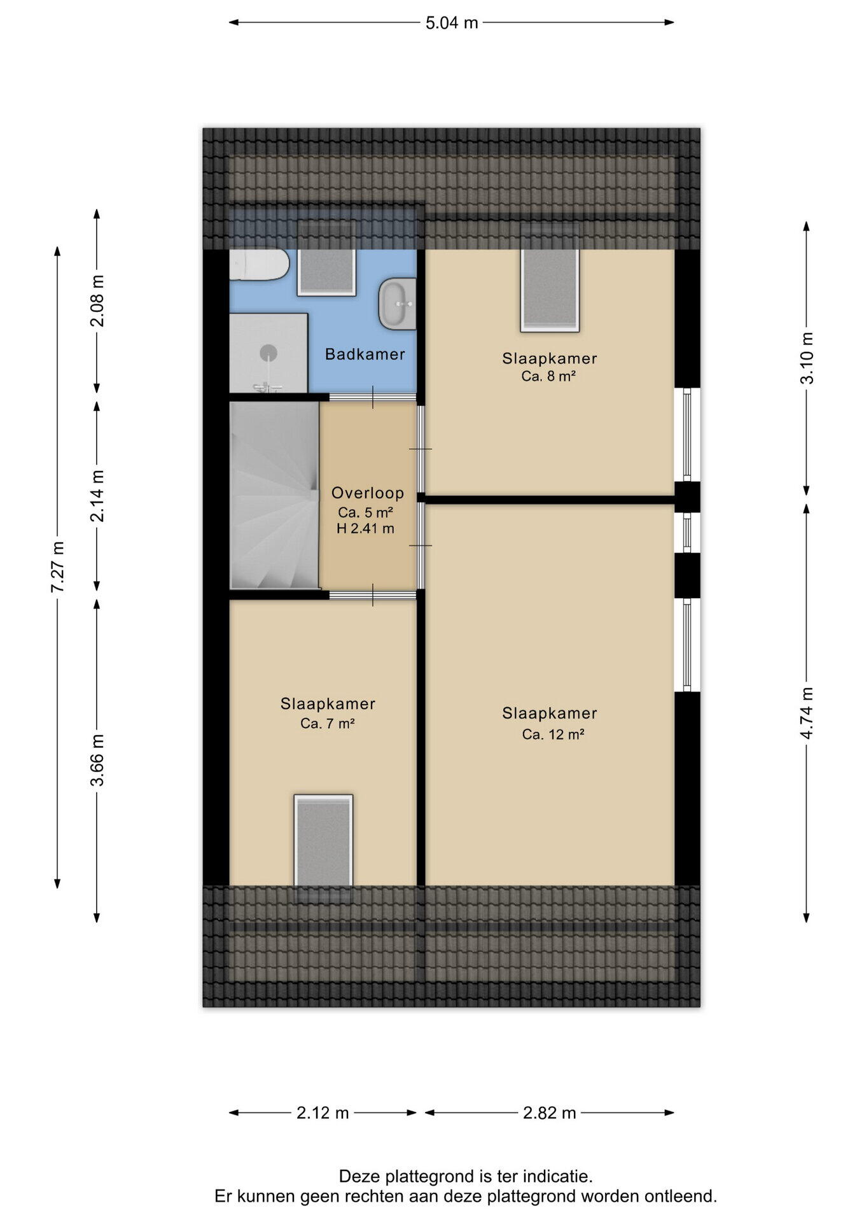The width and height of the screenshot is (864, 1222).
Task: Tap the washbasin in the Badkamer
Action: click(397, 304)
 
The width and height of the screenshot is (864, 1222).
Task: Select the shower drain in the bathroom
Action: click(268, 352)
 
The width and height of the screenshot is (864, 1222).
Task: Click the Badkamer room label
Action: click(365, 355)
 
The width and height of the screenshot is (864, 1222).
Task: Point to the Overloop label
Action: click(368, 493)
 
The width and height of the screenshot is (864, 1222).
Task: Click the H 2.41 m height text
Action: click(365, 528)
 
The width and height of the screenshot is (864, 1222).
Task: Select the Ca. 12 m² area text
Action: click(553, 734)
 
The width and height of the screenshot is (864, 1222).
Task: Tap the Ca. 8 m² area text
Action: click(548, 376)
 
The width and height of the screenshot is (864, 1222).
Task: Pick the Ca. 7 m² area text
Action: click(328, 723)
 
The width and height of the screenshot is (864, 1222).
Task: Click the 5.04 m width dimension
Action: click(452, 23)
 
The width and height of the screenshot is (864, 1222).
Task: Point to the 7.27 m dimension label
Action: click(57, 566)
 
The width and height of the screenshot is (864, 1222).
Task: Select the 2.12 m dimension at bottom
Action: click(323, 1113)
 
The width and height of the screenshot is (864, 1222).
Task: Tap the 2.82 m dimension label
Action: click(550, 1113)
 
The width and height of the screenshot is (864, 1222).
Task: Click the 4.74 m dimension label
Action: click(806, 713)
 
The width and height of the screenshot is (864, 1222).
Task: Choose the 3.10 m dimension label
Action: click(806, 358)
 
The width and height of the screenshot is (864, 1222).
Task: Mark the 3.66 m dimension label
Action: click(97, 760)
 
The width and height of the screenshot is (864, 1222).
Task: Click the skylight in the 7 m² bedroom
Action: click(323, 840)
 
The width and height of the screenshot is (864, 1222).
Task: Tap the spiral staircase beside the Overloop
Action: click(274, 495)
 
